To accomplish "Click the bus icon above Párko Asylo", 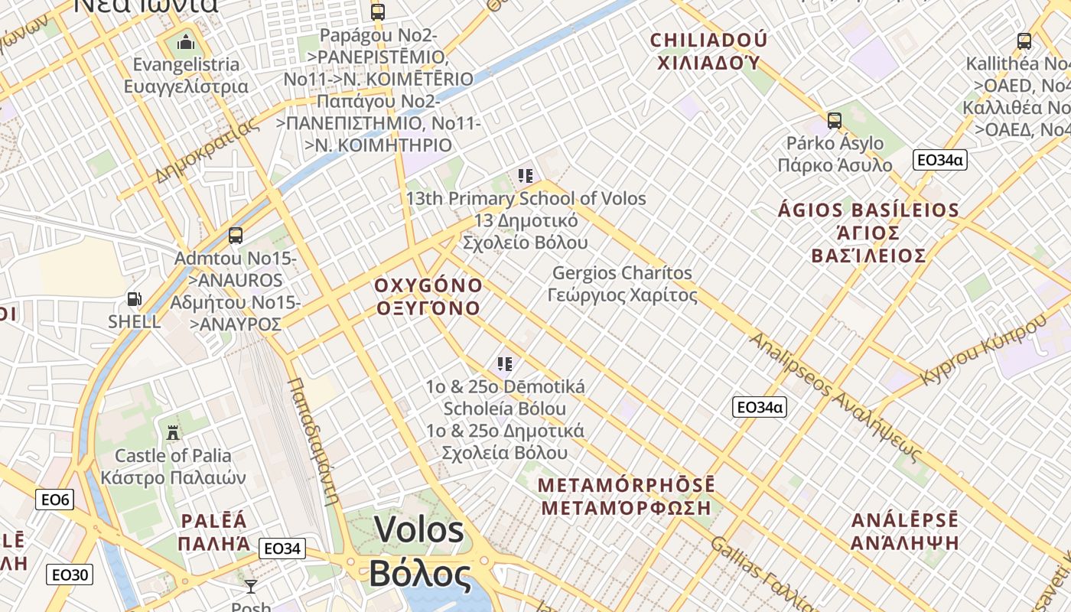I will pyautogui.click(x=834, y=121).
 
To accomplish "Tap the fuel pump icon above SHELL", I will pyautogui.click(x=135, y=299).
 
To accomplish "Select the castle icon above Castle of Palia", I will pyautogui.click(x=173, y=432).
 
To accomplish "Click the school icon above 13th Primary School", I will pyautogui.click(x=525, y=176).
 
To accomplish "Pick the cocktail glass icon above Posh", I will pyautogui.click(x=250, y=587).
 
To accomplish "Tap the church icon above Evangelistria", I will pyautogui.click(x=186, y=41).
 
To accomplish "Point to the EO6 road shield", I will pyautogui.click(x=55, y=500).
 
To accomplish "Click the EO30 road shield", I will pyautogui.click(x=69, y=575).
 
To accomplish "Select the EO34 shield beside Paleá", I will pyautogui.click(x=282, y=549).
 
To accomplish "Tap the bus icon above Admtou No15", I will pyautogui.click(x=236, y=236).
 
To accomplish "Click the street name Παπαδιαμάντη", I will pyautogui.click(x=314, y=441).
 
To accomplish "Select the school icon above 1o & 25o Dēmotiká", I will pyautogui.click(x=504, y=364).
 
